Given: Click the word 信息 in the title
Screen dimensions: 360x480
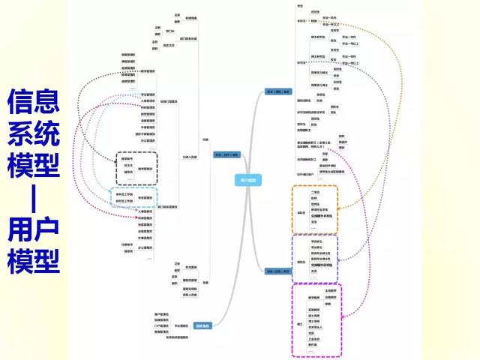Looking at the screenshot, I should (33, 103).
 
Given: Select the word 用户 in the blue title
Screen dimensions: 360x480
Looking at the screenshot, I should (33, 229).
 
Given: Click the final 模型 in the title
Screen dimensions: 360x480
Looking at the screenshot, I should (33, 262).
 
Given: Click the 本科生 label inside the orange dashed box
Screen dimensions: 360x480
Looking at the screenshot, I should (301, 212).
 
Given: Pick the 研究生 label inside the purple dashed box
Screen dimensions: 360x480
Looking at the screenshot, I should (301, 262).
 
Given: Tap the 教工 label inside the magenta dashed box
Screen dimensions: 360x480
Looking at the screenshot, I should (299, 322).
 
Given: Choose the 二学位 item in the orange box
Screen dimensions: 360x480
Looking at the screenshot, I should (315, 192).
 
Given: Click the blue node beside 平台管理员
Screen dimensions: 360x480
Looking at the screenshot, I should (203, 325).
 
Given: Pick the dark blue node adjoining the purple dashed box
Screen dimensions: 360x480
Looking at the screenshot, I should (275, 270).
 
